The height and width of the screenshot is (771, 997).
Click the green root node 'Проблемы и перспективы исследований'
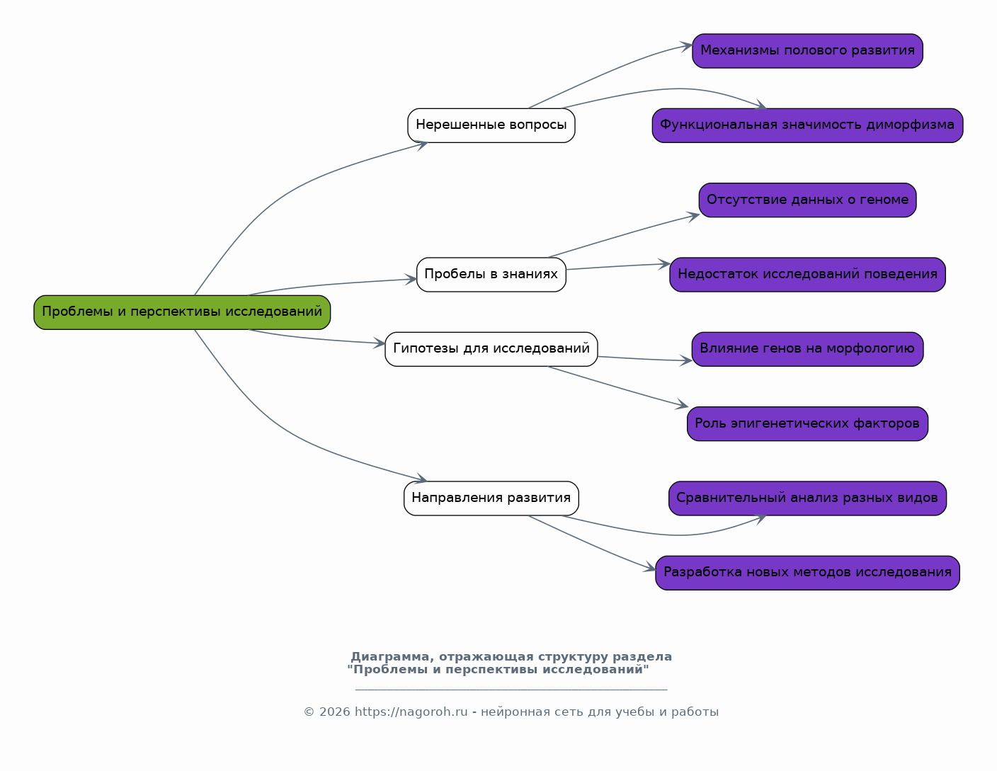click(x=182, y=312)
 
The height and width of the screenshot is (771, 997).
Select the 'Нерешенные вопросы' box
click(x=491, y=125)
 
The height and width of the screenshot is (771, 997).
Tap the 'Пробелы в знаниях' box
click(x=491, y=274)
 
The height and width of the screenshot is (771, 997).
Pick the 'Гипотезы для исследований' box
click(x=491, y=349)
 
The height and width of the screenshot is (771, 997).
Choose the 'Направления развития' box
click(x=491, y=498)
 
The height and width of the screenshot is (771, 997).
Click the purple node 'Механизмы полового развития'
click(x=807, y=50)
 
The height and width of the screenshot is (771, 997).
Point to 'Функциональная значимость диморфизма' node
click(x=807, y=125)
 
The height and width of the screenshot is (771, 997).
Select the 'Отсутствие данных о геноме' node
click(x=807, y=200)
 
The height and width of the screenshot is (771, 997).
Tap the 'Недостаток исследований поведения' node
click(x=807, y=274)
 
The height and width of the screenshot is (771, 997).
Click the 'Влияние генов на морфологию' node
click(x=807, y=349)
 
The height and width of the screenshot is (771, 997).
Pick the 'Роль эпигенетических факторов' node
click(x=807, y=423)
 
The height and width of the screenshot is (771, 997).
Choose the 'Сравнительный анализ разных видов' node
click(x=807, y=498)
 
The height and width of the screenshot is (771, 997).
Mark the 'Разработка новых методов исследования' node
click(x=807, y=572)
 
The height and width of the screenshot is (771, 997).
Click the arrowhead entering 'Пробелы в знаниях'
click(x=411, y=280)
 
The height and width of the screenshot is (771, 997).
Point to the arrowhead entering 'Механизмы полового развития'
click(x=686, y=46)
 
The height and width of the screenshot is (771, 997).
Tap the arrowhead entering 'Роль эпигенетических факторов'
click(x=682, y=404)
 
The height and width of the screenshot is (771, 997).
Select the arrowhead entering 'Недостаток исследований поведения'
click(x=664, y=264)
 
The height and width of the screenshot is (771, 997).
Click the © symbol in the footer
click(x=309, y=712)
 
